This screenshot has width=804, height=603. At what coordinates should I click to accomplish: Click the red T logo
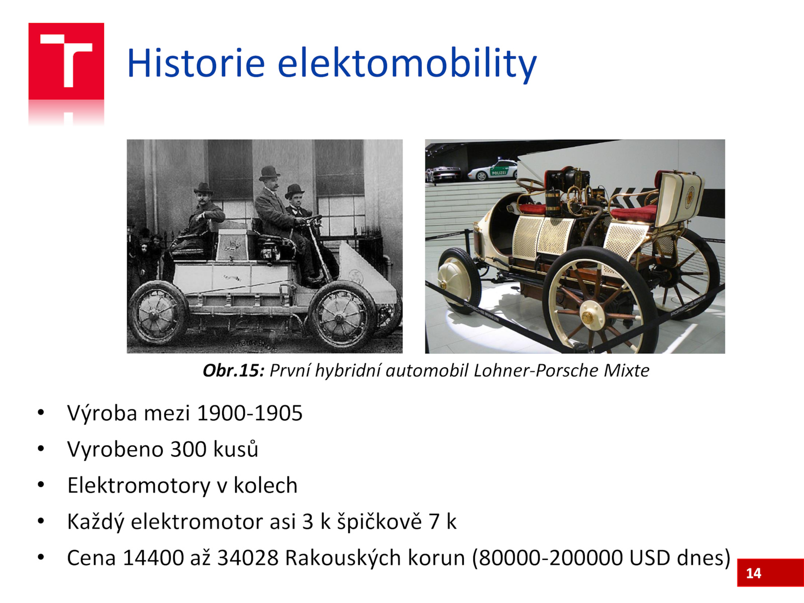[x=66, y=61]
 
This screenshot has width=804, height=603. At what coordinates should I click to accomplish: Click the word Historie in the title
[x=196, y=63]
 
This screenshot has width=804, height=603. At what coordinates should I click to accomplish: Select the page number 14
[x=753, y=573]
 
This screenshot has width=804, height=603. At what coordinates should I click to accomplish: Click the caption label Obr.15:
[x=234, y=370]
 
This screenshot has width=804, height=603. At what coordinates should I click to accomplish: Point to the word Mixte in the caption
[x=626, y=370]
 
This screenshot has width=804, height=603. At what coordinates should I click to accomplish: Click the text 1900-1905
[x=250, y=413]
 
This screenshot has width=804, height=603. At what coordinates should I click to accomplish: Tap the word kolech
[x=265, y=485]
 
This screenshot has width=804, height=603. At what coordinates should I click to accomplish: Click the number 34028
[x=248, y=558]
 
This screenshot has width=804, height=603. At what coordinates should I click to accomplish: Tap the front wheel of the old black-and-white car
[x=343, y=316]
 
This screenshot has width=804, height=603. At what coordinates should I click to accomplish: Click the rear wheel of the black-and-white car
[x=158, y=313]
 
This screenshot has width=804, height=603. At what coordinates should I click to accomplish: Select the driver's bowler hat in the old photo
[x=269, y=172]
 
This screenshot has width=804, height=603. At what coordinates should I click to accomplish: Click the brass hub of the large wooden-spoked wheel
[x=588, y=317]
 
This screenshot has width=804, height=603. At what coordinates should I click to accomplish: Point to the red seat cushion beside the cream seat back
[x=634, y=214]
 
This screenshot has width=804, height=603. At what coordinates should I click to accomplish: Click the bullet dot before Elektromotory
[x=41, y=485]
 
